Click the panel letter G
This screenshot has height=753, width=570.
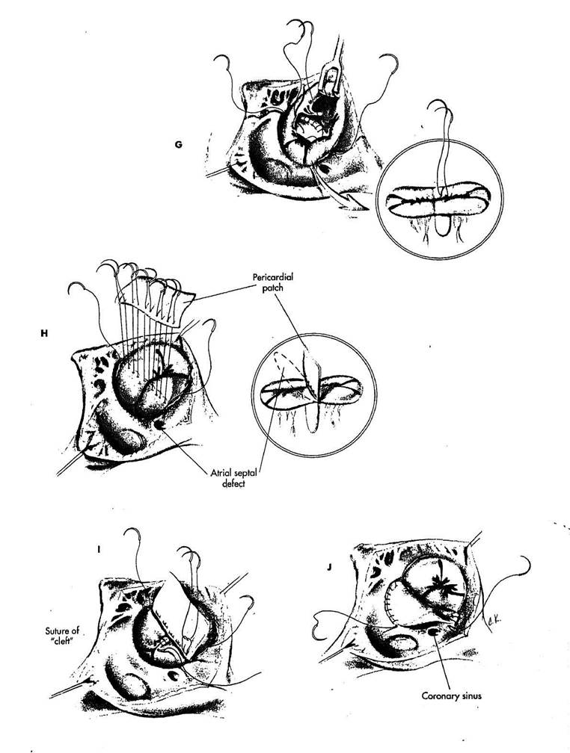[x=179, y=144]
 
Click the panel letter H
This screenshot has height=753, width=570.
[x=44, y=333]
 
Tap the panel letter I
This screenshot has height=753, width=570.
[x=99, y=548]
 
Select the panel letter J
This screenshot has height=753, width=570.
[x=329, y=567]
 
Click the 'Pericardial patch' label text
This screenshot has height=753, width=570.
[x=273, y=282]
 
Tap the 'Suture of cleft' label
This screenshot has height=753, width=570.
[x=63, y=635]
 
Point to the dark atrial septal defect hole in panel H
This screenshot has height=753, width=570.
[x=159, y=424]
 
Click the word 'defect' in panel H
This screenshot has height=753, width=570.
[x=233, y=483]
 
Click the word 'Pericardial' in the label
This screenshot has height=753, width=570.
[x=273, y=277]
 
